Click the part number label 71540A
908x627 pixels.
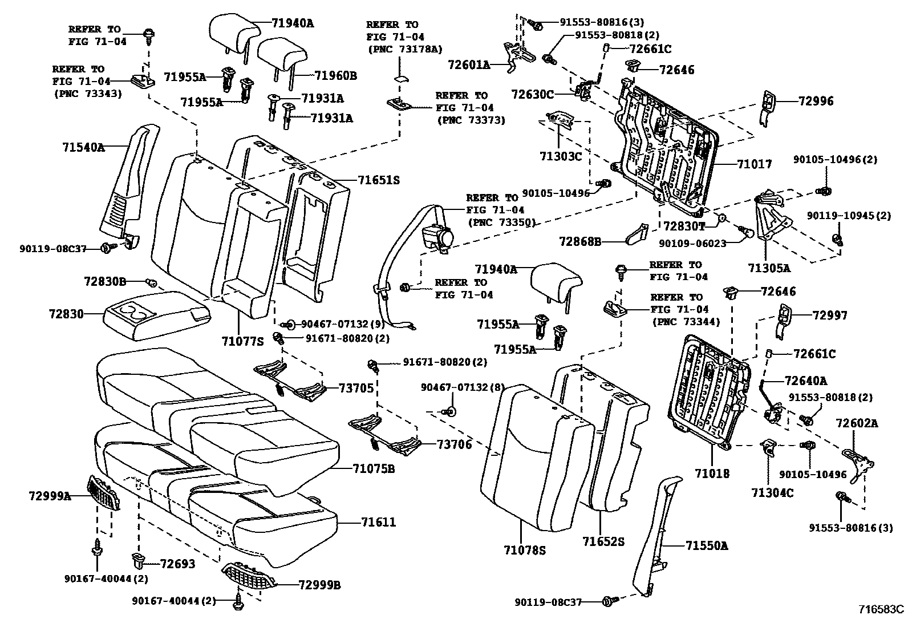[83, 147]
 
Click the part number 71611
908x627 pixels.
[378, 522]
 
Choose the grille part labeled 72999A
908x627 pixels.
[104, 493]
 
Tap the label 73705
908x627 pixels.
[356, 389]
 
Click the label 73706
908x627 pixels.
[454, 444]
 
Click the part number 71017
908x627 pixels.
[754, 164]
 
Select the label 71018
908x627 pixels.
[712, 473]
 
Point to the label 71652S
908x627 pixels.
[603, 541]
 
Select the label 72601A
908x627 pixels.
[469, 65]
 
